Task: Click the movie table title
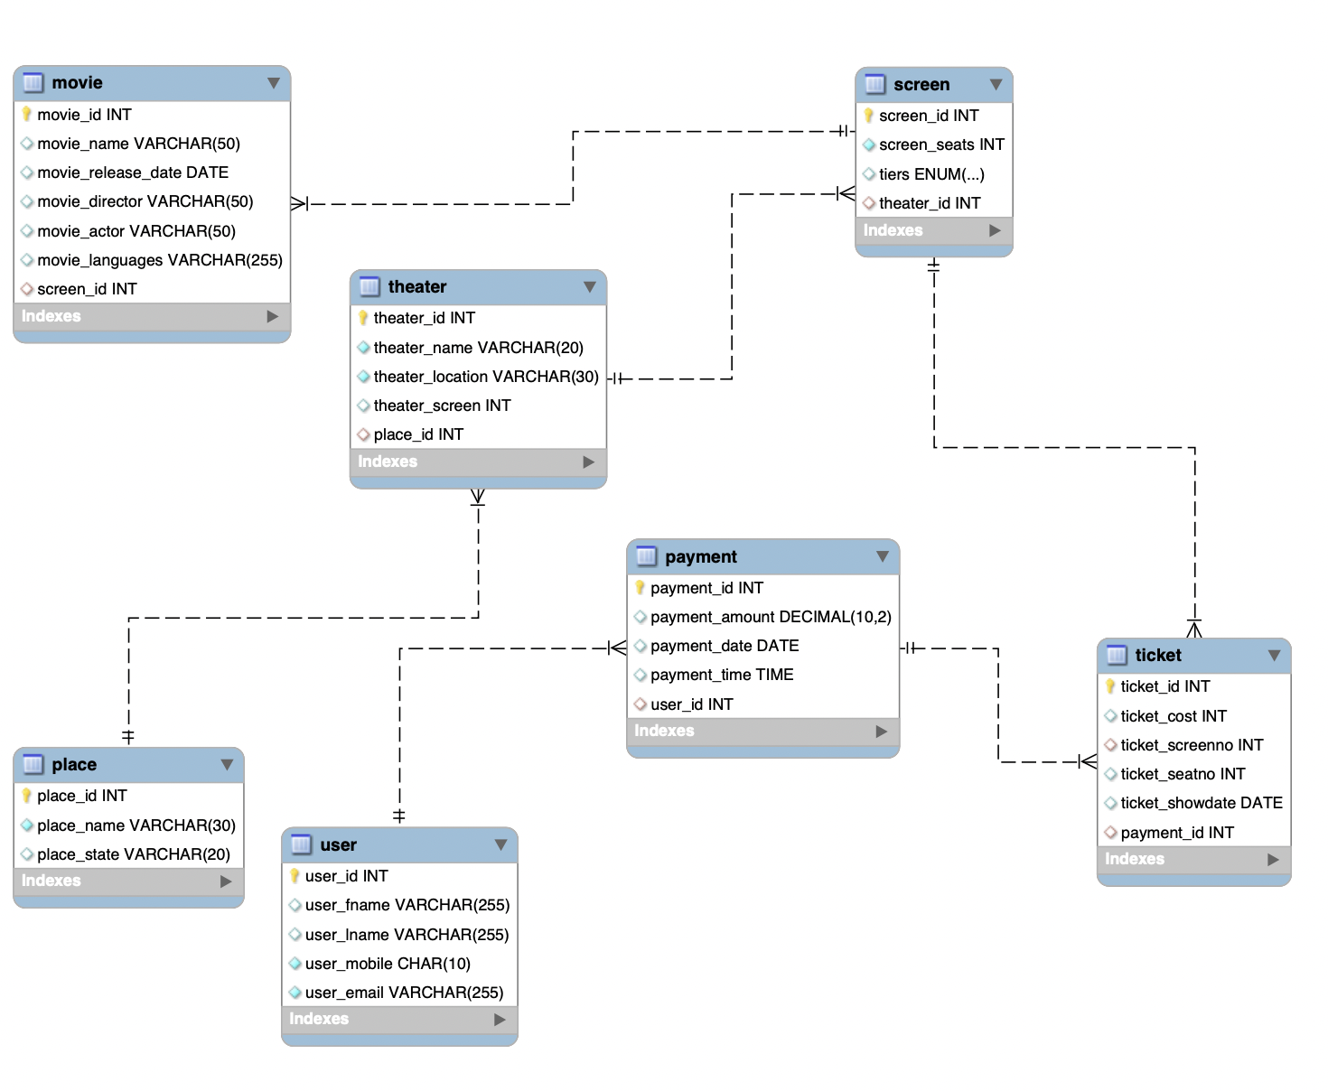[x=77, y=83]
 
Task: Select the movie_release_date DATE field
[x=132, y=173]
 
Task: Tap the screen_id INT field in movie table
[x=87, y=289]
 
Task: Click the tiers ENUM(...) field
[x=931, y=174]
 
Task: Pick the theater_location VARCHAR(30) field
[x=485, y=377]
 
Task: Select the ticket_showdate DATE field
[x=1201, y=803]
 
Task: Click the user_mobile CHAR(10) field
[x=387, y=964]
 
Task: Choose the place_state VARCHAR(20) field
[x=133, y=854]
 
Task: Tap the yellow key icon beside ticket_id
[x=1110, y=686]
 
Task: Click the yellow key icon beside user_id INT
[x=295, y=876]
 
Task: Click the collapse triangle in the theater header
[x=590, y=287]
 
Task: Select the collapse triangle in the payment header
[x=883, y=557]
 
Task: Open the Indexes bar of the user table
[x=398, y=1019]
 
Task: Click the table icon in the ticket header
[x=1117, y=655]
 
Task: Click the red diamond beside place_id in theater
[x=363, y=434]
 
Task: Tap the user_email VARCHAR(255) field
[x=403, y=993]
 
